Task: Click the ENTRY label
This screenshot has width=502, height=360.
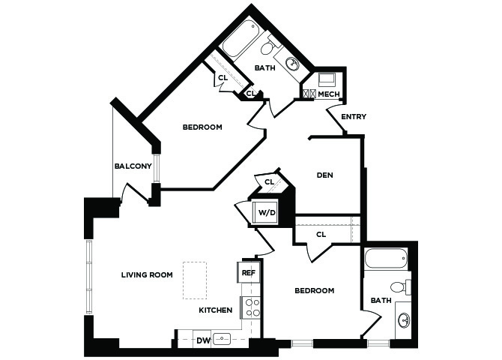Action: tap(354, 117)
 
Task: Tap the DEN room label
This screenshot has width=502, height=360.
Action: tap(324, 175)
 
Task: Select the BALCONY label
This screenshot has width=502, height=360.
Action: tap(133, 166)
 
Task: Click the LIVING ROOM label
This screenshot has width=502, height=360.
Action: tap(147, 274)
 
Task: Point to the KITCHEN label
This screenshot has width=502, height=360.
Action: tap(216, 310)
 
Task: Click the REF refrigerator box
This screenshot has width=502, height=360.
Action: tap(249, 272)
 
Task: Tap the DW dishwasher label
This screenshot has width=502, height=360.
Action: tap(203, 340)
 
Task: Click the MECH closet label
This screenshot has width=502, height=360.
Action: tap(329, 94)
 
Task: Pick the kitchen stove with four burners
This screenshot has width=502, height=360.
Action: tap(251, 307)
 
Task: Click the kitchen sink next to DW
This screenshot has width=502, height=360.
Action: tap(222, 338)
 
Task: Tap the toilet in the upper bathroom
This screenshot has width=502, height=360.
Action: tap(268, 46)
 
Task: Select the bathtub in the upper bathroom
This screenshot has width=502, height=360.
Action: tap(241, 40)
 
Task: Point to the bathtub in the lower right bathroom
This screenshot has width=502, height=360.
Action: tap(386, 259)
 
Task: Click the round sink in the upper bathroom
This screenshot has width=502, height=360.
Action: tap(293, 63)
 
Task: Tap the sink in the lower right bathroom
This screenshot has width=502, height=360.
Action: tap(404, 320)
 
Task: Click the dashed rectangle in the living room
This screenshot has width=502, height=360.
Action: tap(195, 280)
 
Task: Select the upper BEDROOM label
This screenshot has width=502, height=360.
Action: tap(202, 127)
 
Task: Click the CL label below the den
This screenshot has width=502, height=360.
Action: tap(321, 235)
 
